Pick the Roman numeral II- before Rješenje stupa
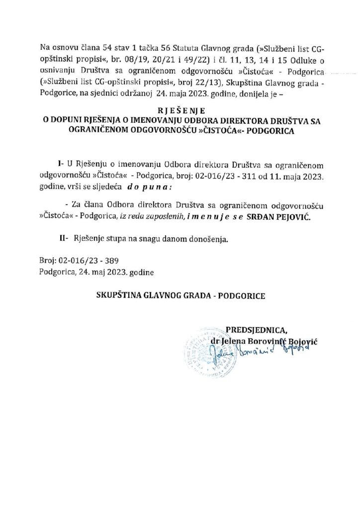[x=64, y=239]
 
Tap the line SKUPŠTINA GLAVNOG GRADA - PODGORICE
[x=181, y=295]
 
